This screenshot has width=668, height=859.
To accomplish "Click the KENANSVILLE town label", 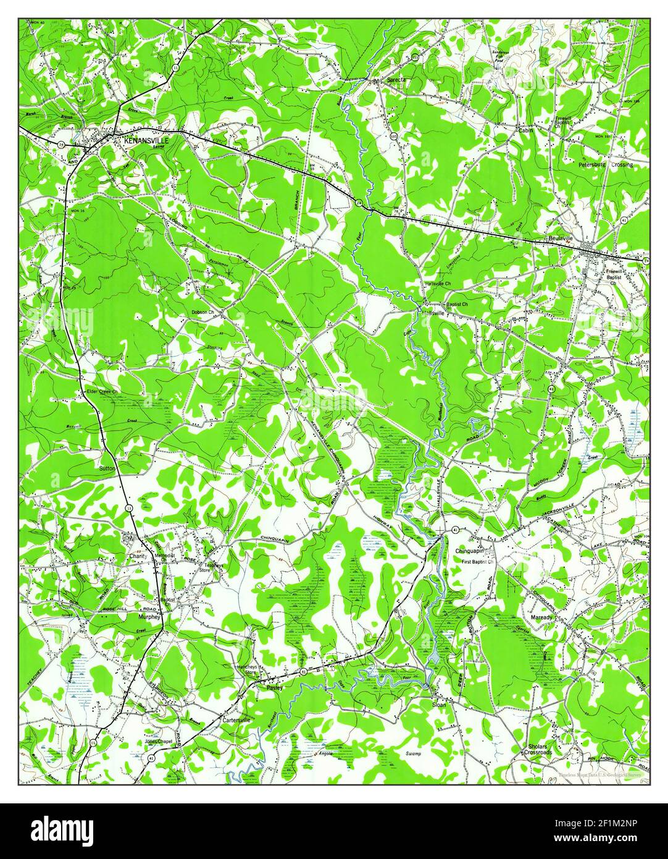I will coord(146,140).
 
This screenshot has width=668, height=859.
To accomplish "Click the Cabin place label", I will coord(525,130).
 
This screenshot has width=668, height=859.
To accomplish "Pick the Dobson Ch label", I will coord(202,313).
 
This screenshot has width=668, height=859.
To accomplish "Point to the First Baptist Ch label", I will coord(479,562).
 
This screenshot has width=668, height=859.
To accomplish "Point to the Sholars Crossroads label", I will coord(535,750).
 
